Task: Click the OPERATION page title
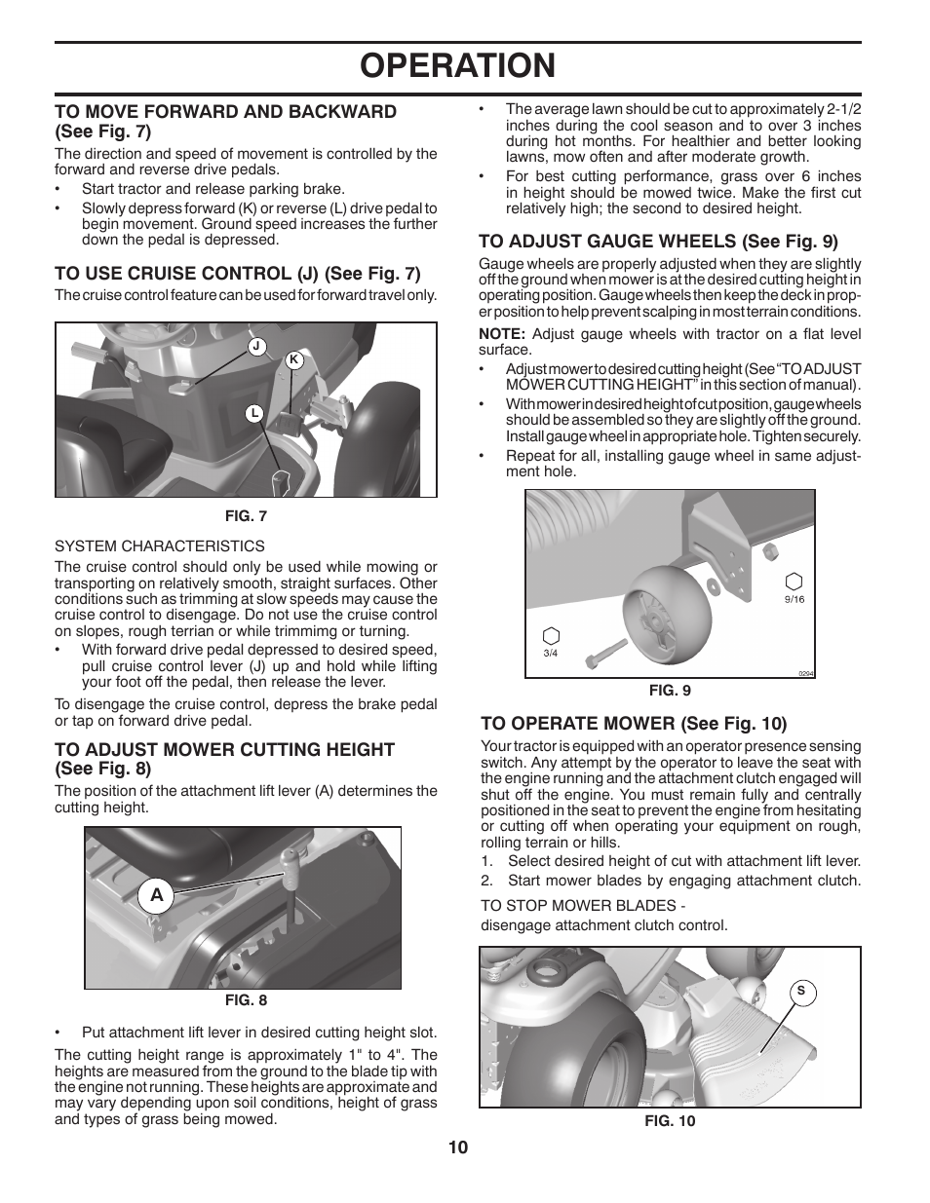pos(457,65)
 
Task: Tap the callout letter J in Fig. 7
pos(255,346)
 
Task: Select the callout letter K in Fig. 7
pos(291,359)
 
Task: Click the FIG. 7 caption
pos(246,516)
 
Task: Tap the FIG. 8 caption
pos(246,999)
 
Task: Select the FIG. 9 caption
pos(670,691)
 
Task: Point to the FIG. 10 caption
pos(670,1121)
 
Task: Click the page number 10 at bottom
pos(458,1147)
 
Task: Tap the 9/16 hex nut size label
pos(794,599)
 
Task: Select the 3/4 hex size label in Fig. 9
pos(551,653)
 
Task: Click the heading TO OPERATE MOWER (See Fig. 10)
pos(634,723)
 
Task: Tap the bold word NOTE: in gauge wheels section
pos(502,334)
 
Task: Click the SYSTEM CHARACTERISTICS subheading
pos(160,545)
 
